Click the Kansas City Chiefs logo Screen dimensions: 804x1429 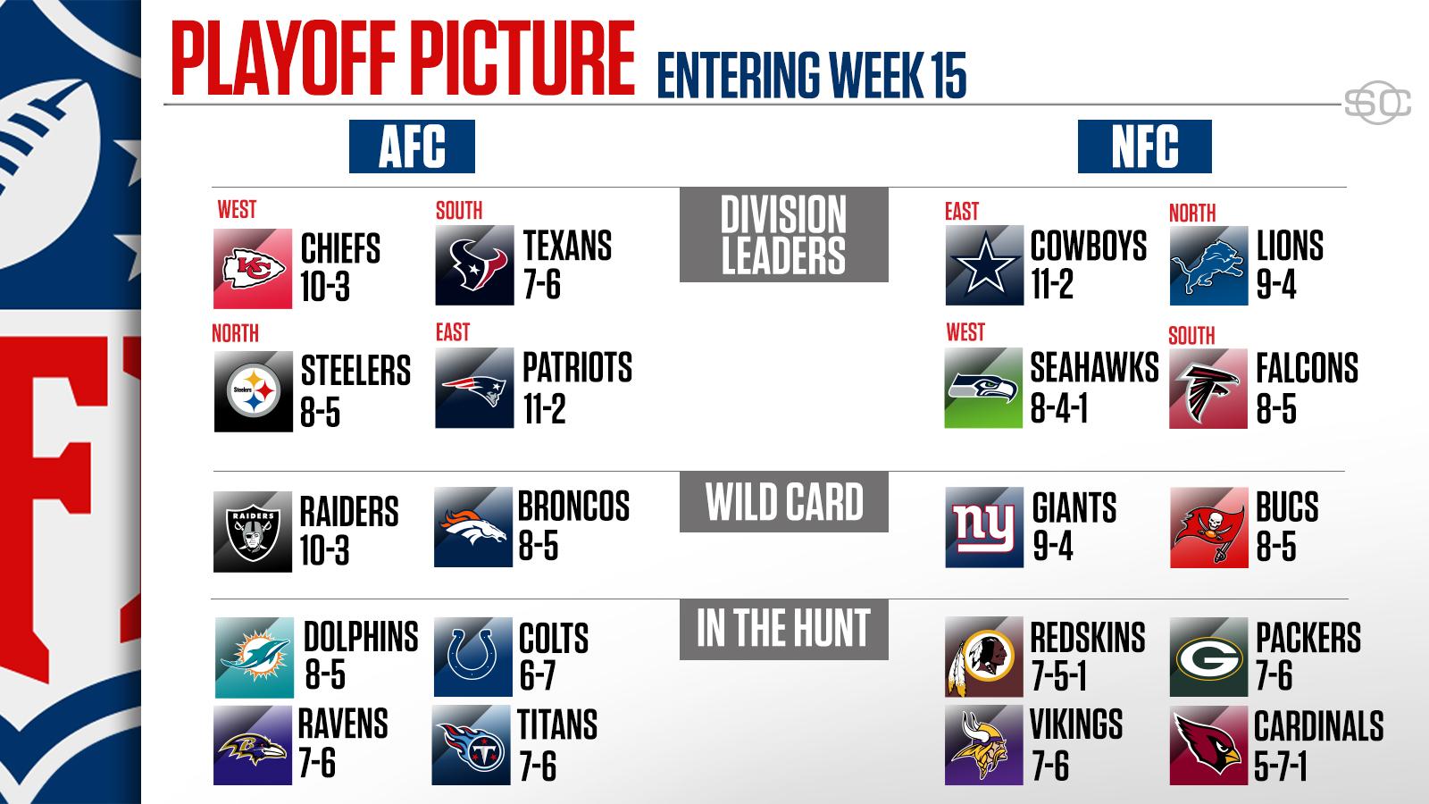253,268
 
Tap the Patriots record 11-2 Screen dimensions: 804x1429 544,410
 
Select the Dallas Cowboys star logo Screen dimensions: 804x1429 984,265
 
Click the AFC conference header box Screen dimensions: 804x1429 412,147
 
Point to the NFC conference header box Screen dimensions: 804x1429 1144,147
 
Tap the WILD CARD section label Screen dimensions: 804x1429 783,502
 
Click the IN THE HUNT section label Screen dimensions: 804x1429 783,629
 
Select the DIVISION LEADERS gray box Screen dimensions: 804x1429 783,235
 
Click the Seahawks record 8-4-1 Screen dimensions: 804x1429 1058,410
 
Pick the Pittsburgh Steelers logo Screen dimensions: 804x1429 253,392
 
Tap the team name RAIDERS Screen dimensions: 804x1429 349,512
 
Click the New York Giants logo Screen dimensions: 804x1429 984,528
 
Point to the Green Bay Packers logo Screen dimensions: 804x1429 1208,657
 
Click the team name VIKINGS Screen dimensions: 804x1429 1076,725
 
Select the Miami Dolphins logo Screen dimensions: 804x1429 254,657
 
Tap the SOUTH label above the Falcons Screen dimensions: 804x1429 1191,335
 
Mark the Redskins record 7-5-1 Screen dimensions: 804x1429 1058,677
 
